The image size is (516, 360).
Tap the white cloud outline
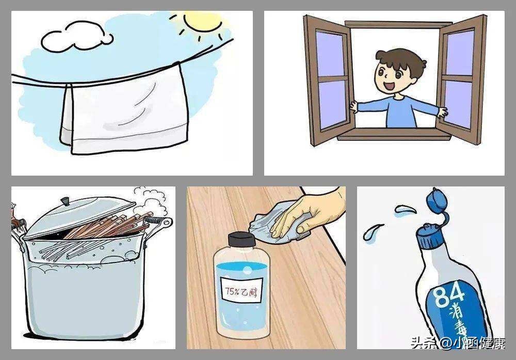(x=76, y=37)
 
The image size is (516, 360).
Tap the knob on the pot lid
(x=65, y=201)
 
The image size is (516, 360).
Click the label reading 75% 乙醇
(x=241, y=290)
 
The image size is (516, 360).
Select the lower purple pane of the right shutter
(x=458, y=103)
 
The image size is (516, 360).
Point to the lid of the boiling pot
(x=79, y=217)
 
